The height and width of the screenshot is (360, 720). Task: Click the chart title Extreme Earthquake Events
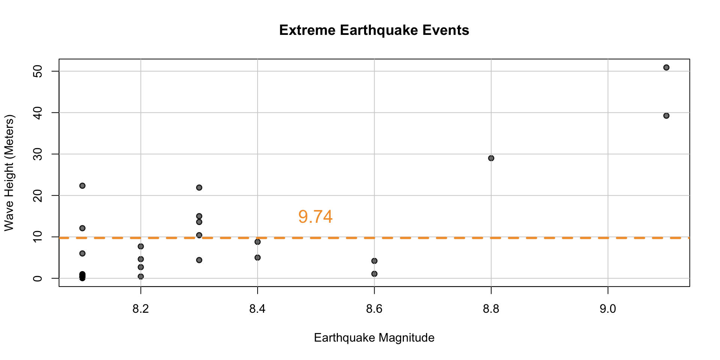[374, 30]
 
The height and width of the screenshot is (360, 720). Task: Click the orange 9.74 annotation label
[315, 217]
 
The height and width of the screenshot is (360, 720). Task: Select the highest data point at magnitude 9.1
[666, 67]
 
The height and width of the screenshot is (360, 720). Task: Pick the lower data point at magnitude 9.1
[666, 116]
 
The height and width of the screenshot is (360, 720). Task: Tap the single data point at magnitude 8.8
[491, 158]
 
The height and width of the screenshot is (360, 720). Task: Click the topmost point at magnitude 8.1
[82, 186]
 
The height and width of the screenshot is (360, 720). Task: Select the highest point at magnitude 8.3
[199, 187]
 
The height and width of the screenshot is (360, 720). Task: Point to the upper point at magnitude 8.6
[374, 261]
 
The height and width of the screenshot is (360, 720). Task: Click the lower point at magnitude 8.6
[374, 274]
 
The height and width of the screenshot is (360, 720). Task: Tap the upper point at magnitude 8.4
[258, 242]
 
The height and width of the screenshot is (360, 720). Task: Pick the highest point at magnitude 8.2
[141, 246]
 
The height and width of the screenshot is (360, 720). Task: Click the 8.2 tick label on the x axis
[141, 309]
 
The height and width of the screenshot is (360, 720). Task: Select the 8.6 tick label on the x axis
[374, 309]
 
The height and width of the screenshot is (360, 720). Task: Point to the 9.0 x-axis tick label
[607, 309]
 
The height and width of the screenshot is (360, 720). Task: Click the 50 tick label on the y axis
[38, 71]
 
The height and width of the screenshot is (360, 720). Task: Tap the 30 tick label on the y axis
[38, 154]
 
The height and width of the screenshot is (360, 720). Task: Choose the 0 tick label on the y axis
[38, 278]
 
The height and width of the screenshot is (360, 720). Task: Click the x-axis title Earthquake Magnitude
[374, 338]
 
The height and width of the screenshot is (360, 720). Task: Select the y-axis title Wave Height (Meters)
[9, 173]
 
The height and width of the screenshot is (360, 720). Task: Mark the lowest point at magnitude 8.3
[199, 260]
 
